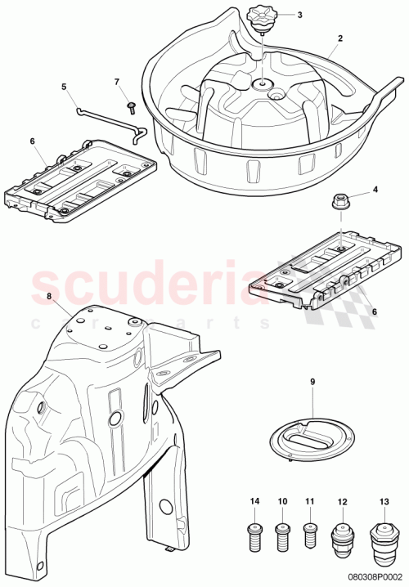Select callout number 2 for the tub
(340, 38)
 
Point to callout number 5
(63, 85)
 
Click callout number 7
(116, 82)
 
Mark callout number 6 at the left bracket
(34, 141)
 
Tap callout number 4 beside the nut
(375, 190)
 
